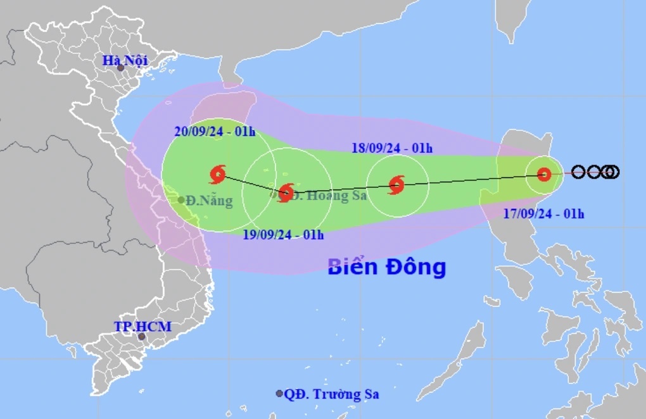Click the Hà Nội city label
(x=125, y=61)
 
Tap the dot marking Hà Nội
(x=120, y=68)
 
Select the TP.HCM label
(x=142, y=327)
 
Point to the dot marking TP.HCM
(x=142, y=336)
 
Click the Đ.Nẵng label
(x=210, y=201)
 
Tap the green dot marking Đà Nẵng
(x=181, y=200)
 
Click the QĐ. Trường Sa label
(x=331, y=394)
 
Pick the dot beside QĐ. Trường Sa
(x=279, y=394)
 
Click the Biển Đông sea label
(x=386, y=267)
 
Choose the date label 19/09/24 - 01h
(x=284, y=235)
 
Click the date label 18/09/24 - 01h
(x=392, y=149)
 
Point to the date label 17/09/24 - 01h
(x=544, y=214)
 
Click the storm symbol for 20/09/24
(x=217, y=173)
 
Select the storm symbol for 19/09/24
(x=286, y=192)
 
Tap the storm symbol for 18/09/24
(x=396, y=185)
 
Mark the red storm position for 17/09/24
(x=543, y=175)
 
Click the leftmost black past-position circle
(x=578, y=172)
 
